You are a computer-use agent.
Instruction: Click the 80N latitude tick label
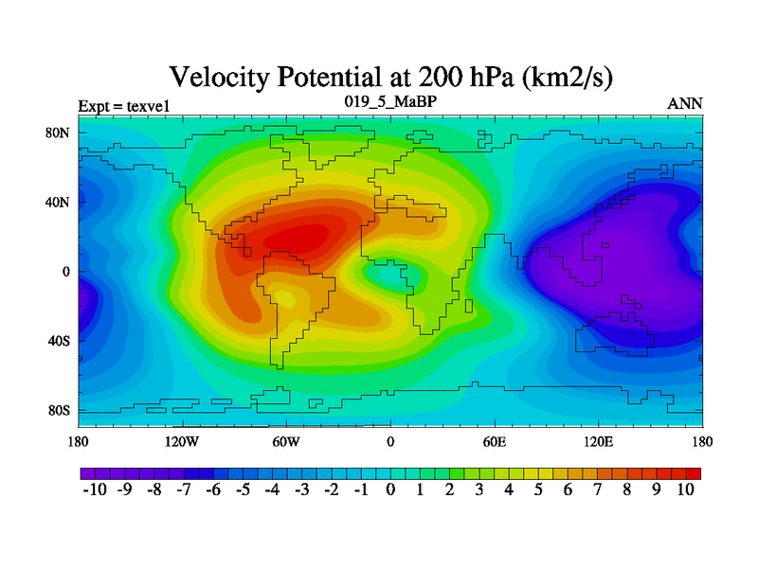click(x=59, y=133)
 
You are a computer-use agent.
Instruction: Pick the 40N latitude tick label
click(x=59, y=202)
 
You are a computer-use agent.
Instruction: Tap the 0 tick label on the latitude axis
click(x=66, y=272)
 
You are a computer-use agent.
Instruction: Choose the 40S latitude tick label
click(x=59, y=341)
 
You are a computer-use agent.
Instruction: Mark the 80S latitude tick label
click(x=59, y=411)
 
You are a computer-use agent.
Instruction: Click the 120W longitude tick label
click(x=181, y=442)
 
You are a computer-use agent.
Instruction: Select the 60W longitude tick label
click(x=286, y=442)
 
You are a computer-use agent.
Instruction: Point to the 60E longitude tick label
click(x=495, y=442)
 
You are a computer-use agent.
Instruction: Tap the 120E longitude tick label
click(x=599, y=442)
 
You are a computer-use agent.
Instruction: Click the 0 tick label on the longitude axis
click(x=390, y=442)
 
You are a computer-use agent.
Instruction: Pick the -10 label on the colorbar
click(x=96, y=489)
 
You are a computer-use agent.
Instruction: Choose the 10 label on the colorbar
click(x=686, y=489)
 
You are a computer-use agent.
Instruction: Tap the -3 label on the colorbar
click(x=302, y=489)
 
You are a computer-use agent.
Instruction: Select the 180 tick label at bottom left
click(x=78, y=442)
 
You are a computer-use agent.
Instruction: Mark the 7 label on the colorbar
click(x=597, y=489)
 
